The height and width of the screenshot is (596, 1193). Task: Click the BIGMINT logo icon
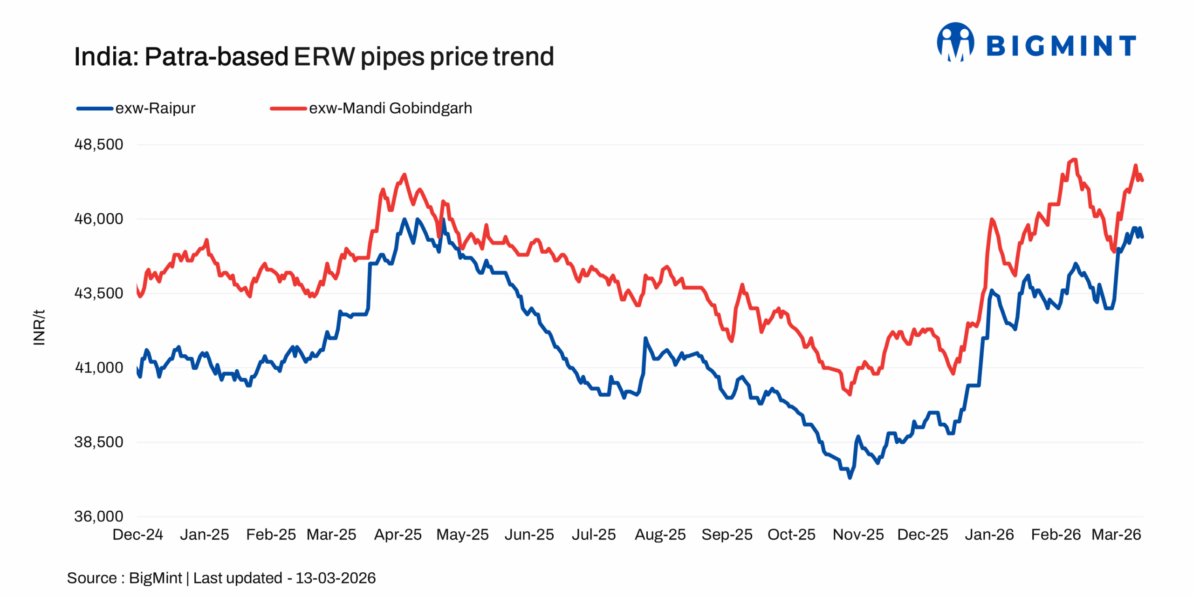pos(955,43)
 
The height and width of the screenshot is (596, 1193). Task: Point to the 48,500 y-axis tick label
pos(99,144)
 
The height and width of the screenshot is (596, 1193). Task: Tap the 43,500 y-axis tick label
pos(99,293)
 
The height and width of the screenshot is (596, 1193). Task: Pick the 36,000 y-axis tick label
pos(99,516)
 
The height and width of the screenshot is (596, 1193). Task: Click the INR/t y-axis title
pos(39,327)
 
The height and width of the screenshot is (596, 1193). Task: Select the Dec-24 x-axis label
pos(137,535)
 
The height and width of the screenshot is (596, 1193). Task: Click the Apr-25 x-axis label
pos(398,535)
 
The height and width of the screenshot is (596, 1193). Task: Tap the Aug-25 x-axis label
pos(660,535)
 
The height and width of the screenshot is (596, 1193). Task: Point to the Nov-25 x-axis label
pos(858,535)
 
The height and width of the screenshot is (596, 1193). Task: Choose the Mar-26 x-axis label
pos(1116,535)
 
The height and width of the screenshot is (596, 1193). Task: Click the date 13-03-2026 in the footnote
pos(336,578)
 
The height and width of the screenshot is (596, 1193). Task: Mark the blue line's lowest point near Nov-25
pos(850,478)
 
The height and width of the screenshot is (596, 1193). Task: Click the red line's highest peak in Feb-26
pos(1074,160)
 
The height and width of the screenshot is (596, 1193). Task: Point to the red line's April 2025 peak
pos(405,175)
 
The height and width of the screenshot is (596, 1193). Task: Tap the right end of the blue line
pos(1142,237)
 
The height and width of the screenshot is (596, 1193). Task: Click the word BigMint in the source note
pos(155,578)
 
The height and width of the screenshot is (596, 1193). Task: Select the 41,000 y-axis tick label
pos(99,368)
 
